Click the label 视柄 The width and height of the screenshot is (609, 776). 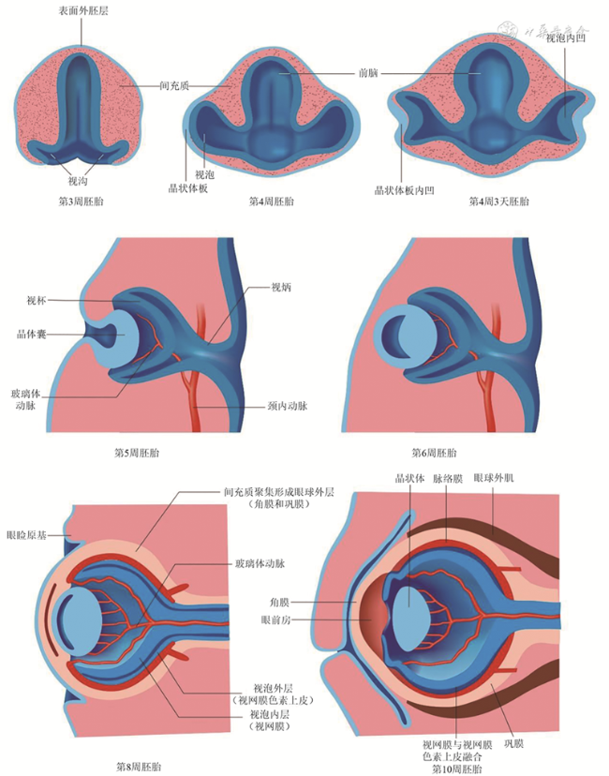click(282, 287)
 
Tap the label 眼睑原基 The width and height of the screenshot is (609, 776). click(25, 532)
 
